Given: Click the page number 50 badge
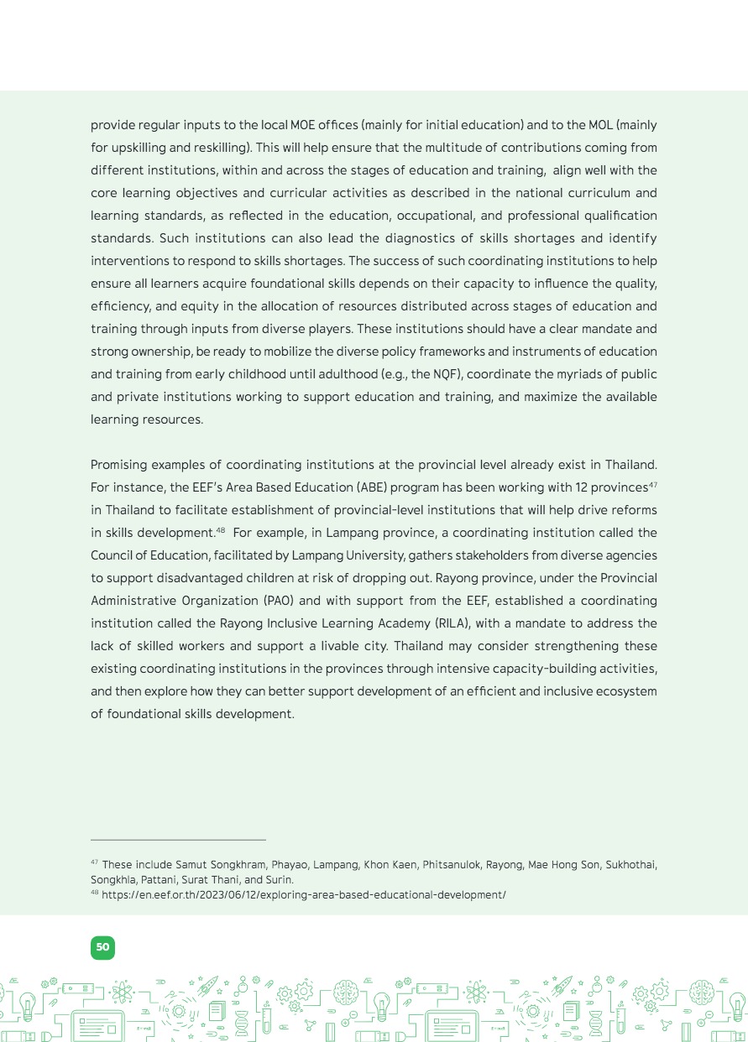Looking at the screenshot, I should (102, 947).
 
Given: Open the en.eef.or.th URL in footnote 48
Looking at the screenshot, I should (303, 895).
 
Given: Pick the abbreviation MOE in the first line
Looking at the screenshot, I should (304, 125).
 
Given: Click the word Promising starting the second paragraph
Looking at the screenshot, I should (120, 465).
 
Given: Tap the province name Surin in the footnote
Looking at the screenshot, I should (279, 880).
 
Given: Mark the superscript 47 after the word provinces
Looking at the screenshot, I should (652, 483).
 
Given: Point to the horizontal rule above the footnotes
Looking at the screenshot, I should (178, 839).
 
